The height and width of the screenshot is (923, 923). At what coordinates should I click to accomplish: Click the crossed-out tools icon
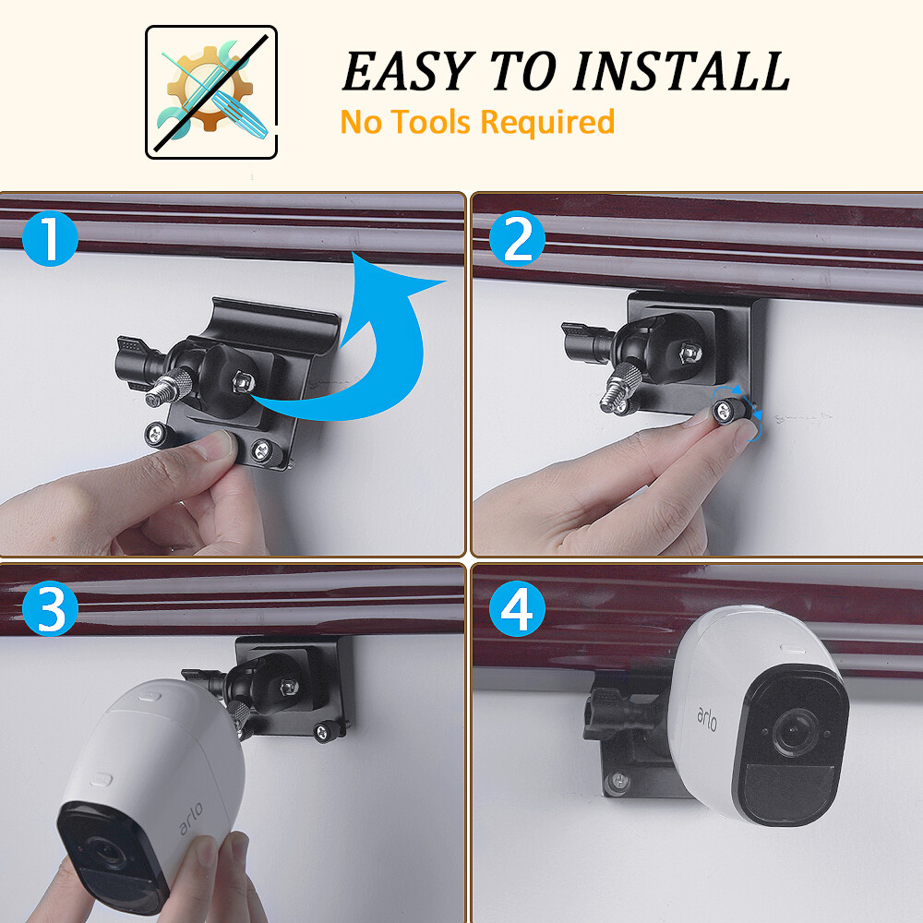[211, 92]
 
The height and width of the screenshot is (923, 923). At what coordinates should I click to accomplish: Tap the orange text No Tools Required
[477, 122]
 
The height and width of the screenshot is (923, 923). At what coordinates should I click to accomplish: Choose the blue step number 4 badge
[518, 609]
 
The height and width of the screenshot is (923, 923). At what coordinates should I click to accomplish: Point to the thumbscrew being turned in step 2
[726, 406]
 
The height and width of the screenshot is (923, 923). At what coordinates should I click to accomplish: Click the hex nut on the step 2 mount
[688, 352]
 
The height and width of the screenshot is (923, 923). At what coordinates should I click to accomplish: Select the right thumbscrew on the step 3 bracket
[322, 733]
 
